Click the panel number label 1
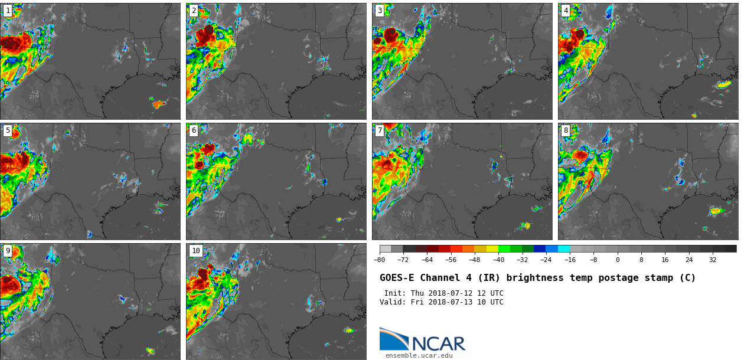pos(8,11)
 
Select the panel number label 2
pos(194,11)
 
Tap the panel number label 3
pos(380,11)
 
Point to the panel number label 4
pos(566,11)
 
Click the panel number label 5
pos(8,130)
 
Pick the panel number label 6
pos(194,130)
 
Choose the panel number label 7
pos(380,130)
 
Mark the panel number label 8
pos(566,130)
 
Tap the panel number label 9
pos(8,251)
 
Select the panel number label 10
pos(195,251)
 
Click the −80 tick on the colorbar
pos(380,260)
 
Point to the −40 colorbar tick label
pos(499,260)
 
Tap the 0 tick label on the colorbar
pos(618,260)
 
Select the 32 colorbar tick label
pos(713,260)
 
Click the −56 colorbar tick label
pos(451,260)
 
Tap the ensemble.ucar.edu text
pos(419,355)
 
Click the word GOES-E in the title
pos(396,278)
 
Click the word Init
pos(396,293)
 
